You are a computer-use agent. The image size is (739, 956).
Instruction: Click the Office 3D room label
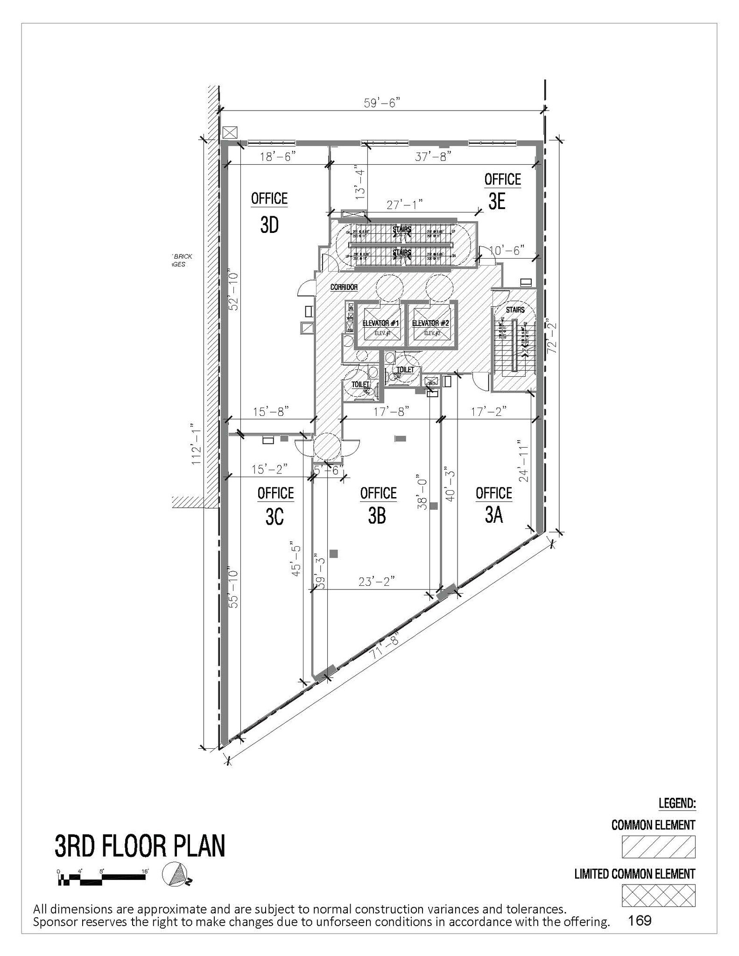269,212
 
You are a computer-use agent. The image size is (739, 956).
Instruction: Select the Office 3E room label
502,191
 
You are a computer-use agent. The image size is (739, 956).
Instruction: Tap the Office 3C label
275,505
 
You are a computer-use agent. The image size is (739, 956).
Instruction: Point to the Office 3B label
378,505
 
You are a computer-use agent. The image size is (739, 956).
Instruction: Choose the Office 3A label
493,505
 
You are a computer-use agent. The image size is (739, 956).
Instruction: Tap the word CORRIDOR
344,288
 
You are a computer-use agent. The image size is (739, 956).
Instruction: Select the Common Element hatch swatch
658,847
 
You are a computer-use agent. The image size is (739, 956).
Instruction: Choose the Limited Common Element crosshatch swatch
658,895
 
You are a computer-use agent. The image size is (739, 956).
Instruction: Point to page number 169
640,921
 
